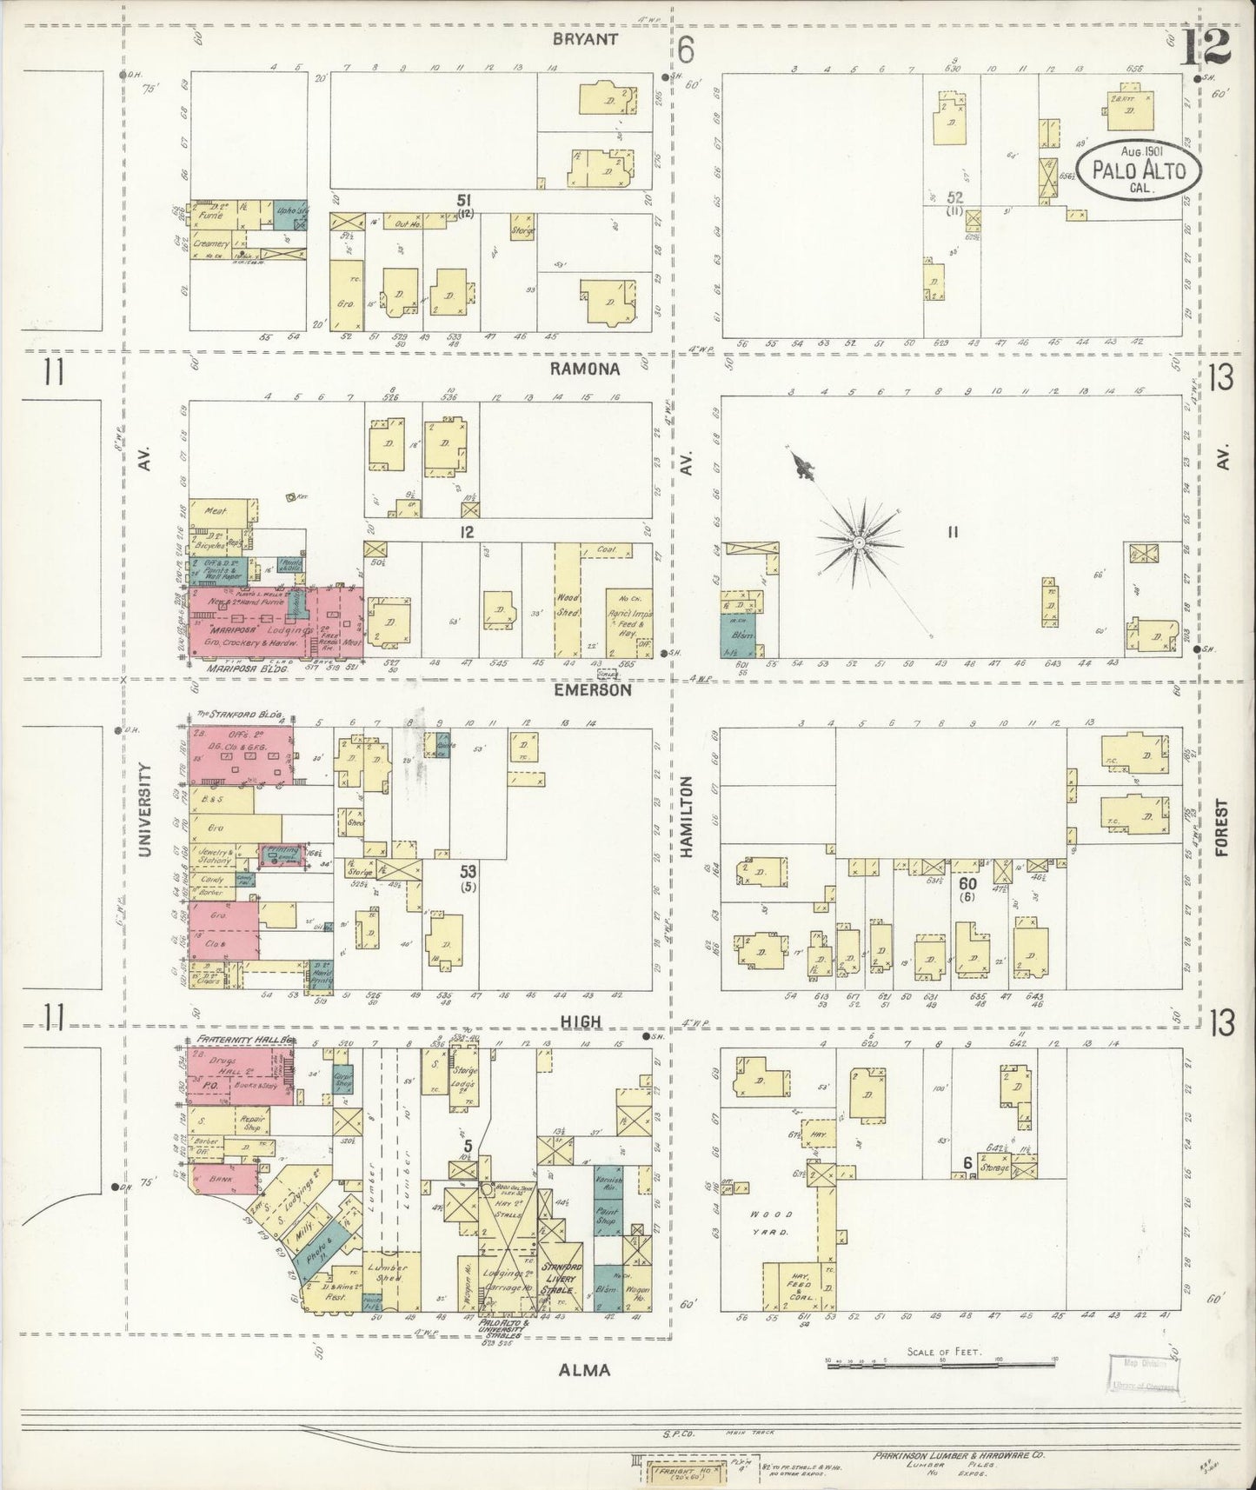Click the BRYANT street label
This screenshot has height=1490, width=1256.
[583, 39]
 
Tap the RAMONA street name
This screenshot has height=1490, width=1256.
[584, 369]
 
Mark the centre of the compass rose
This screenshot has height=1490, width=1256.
[857, 542]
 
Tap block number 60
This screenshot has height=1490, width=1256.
[967, 883]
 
